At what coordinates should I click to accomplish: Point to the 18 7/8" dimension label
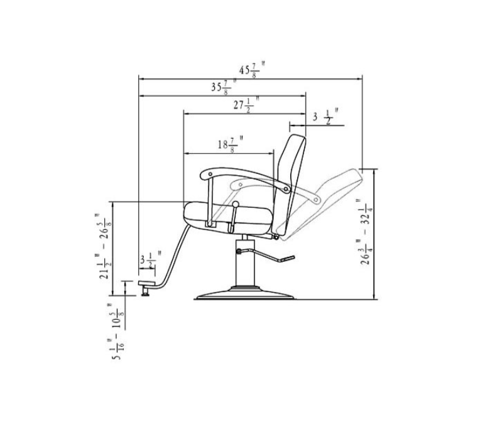coord(230,144)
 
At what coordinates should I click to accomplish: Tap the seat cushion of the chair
coord(229,214)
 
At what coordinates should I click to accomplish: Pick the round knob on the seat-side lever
coord(235,205)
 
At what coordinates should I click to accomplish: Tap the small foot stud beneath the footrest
coord(146,291)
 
